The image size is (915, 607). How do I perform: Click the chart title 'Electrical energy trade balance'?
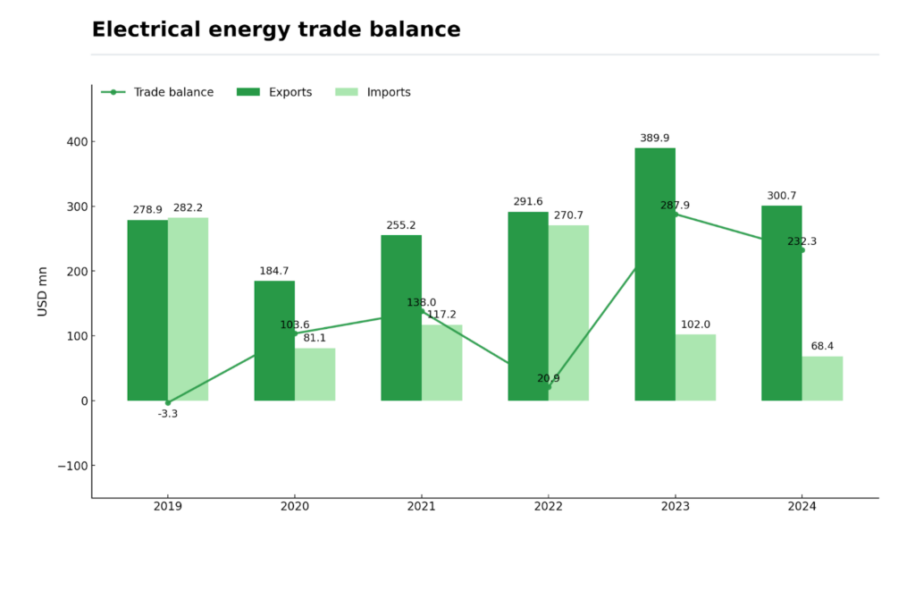tap(276, 30)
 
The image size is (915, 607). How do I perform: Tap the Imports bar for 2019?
tap(188, 309)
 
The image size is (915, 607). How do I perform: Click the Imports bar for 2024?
tap(822, 378)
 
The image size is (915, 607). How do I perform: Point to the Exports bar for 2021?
tap(401, 317)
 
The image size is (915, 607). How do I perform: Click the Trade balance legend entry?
tap(158, 92)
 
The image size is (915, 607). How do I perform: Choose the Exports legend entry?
tap(274, 92)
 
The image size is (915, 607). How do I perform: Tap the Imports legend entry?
tap(373, 92)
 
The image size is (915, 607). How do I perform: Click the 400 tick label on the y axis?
tap(77, 141)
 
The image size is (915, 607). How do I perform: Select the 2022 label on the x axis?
tap(548, 506)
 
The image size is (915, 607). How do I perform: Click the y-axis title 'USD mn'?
tap(43, 291)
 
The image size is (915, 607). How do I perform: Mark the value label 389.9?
tap(655, 138)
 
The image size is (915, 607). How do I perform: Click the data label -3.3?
tap(168, 414)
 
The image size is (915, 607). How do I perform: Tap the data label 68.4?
tap(822, 346)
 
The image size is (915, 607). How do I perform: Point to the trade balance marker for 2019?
tap(168, 402)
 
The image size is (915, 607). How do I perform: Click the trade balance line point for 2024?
tap(802, 250)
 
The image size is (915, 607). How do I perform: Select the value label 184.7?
tap(274, 271)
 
